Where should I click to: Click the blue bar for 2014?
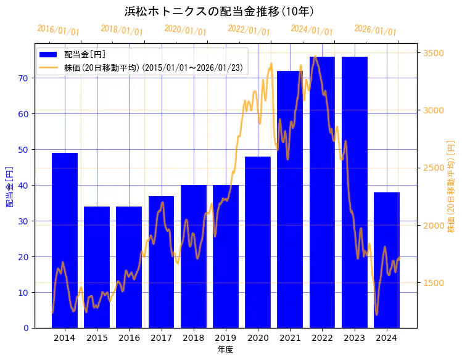[x=65, y=240]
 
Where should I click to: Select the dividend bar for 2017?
[x=161, y=262]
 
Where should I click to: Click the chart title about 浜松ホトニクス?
[x=220, y=12]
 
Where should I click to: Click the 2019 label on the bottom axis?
[x=225, y=338]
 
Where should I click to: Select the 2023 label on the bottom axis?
[x=354, y=338]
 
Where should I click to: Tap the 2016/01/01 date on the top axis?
[x=58, y=30]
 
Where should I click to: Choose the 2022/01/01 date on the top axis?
[x=249, y=30]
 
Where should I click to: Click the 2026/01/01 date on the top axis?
[x=375, y=30]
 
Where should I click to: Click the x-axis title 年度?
[x=225, y=350]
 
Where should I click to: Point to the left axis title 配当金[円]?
[x=10, y=186]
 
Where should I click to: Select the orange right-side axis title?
[x=451, y=186]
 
